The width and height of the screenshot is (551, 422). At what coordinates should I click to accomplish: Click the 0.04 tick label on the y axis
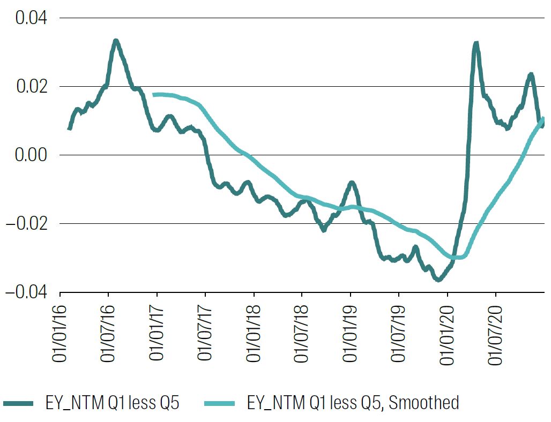[31, 18]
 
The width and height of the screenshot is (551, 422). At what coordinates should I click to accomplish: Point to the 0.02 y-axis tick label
[31, 87]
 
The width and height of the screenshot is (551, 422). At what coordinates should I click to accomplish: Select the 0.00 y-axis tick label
[31, 155]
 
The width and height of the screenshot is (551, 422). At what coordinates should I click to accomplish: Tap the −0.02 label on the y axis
[26, 224]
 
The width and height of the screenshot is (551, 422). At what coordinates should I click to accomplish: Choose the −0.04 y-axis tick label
[26, 292]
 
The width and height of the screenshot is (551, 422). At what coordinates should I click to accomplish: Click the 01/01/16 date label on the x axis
[59, 334]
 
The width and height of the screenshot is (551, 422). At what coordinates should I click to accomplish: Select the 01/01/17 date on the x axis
[157, 334]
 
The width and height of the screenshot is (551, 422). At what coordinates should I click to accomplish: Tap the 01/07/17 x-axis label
[205, 334]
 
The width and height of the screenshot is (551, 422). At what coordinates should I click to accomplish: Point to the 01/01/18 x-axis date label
[254, 334]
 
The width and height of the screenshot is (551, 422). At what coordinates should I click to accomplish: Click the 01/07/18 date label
[302, 334]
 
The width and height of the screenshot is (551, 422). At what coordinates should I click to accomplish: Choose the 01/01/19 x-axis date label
[351, 334]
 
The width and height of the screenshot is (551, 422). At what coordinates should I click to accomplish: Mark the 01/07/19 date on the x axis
[399, 334]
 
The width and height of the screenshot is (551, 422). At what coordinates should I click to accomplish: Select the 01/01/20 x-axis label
[448, 334]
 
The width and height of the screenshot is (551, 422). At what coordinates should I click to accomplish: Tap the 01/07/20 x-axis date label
[496, 334]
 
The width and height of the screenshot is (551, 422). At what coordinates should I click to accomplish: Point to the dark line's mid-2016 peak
[115, 41]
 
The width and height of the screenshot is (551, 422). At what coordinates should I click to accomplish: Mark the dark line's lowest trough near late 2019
[438, 279]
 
